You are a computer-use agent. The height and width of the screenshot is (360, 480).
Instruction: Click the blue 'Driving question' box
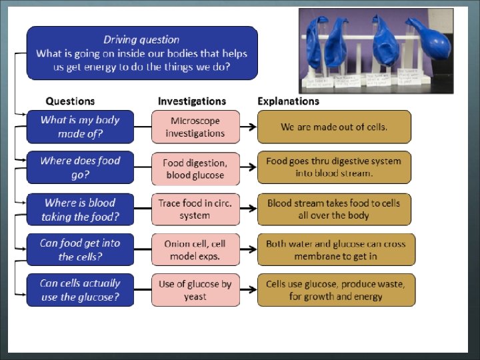tap(141, 53)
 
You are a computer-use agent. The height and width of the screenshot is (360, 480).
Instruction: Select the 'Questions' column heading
tap(70, 101)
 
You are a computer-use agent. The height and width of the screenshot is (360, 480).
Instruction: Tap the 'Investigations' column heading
tap(192, 101)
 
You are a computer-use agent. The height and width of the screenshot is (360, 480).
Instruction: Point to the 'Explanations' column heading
tap(288, 101)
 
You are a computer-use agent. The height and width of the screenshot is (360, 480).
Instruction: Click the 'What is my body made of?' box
tap(80, 127)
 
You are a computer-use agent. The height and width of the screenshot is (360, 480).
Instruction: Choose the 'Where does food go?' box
tap(80, 168)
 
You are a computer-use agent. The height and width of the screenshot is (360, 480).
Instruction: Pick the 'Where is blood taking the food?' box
tap(80, 209)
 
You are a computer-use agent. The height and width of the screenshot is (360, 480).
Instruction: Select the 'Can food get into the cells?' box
tap(80, 249)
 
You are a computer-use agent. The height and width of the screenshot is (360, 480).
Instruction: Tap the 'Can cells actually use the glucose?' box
tap(80, 290)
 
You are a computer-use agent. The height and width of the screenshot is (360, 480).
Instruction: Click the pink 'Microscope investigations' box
tap(195, 127)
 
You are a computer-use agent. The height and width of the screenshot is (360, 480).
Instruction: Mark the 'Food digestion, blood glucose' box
tap(195, 168)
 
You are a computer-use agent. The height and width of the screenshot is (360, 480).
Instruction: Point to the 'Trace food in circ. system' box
tap(195, 209)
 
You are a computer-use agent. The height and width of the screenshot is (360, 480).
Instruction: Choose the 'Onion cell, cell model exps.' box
tap(195, 249)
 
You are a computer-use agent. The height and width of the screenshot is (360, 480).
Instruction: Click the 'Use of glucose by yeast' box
tap(195, 290)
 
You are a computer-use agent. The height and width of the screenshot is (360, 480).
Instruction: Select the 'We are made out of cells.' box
tap(334, 127)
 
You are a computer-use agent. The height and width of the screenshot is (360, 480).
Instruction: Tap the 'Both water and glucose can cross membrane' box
tap(335, 249)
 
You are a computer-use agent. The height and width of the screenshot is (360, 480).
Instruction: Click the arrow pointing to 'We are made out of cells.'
tap(248, 127)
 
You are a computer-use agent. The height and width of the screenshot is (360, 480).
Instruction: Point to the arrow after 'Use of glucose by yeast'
tap(248, 290)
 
